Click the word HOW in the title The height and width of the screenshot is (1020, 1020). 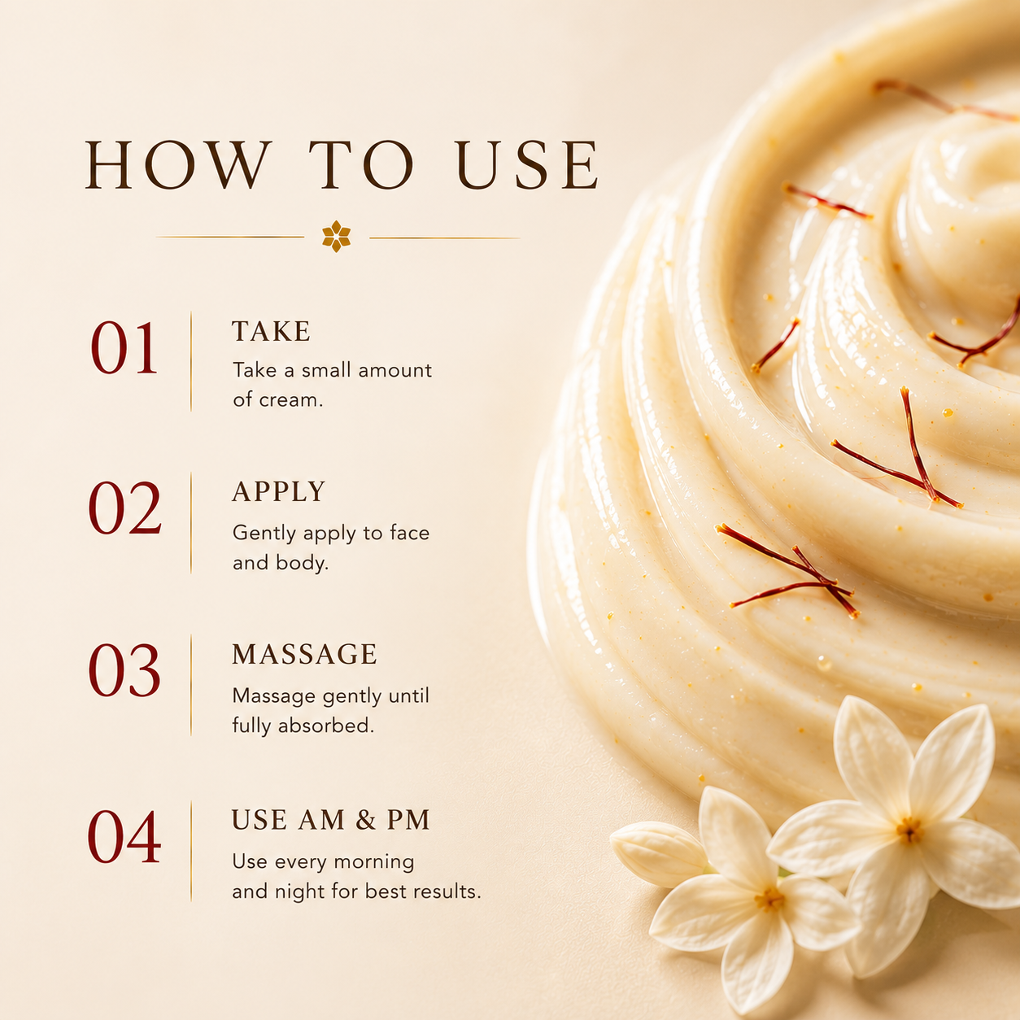tap(176, 164)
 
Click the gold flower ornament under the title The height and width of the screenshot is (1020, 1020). tap(336, 236)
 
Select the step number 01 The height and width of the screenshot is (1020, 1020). tap(124, 348)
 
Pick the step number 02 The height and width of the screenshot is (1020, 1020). tap(124, 508)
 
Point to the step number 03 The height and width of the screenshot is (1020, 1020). tap(124, 670)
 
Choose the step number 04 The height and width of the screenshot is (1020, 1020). tap(124, 837)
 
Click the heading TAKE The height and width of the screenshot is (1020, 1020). tap(271, 331)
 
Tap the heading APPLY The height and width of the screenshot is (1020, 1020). tap(278, 492)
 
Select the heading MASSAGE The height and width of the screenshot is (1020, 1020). tap(304, 654)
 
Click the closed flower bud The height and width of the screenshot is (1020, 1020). tap(659, 853)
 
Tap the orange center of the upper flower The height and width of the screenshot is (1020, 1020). tap(909, 830)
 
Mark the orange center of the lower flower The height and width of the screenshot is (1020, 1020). tap(769, 900)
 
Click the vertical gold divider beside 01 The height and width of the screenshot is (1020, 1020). tap(190, 361)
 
